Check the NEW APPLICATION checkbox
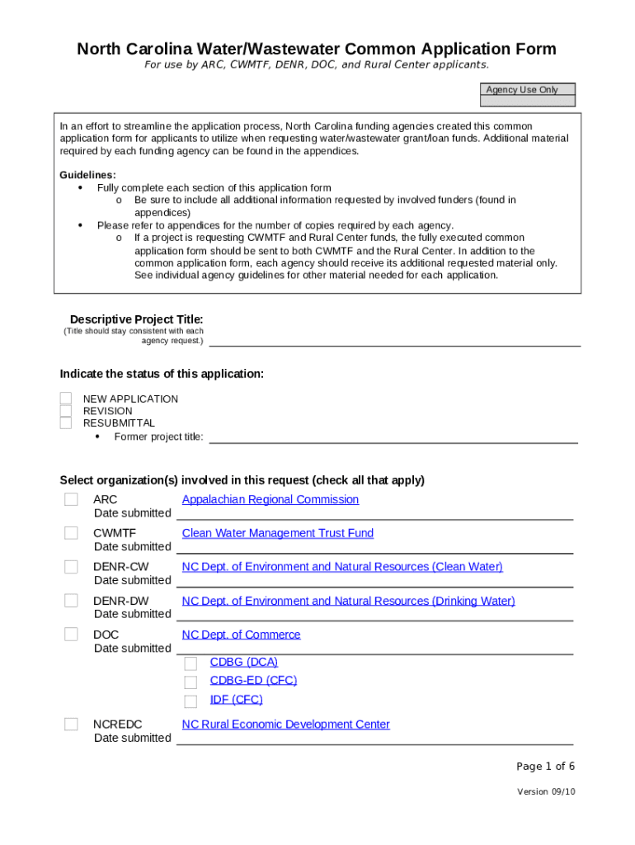[x=66, y=399]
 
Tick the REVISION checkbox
[x=66, y=411]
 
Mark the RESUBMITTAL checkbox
[x=66, y=423]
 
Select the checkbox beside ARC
[x=72, y=499]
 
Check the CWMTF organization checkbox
[x=72, y=533]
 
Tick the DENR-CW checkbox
[x=72, y=567]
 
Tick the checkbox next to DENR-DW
[x=72, y=601]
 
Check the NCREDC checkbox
[x=72, y=725]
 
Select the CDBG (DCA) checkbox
[x=190, y=663]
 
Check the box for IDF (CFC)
[x=190, y=701]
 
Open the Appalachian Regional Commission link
[x=270, y=499]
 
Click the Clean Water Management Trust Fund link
[x=278, y=533]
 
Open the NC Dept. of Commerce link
[x=242, y=635]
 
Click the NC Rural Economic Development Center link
[x=286, y=725]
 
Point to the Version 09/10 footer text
[x=546, y=791]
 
